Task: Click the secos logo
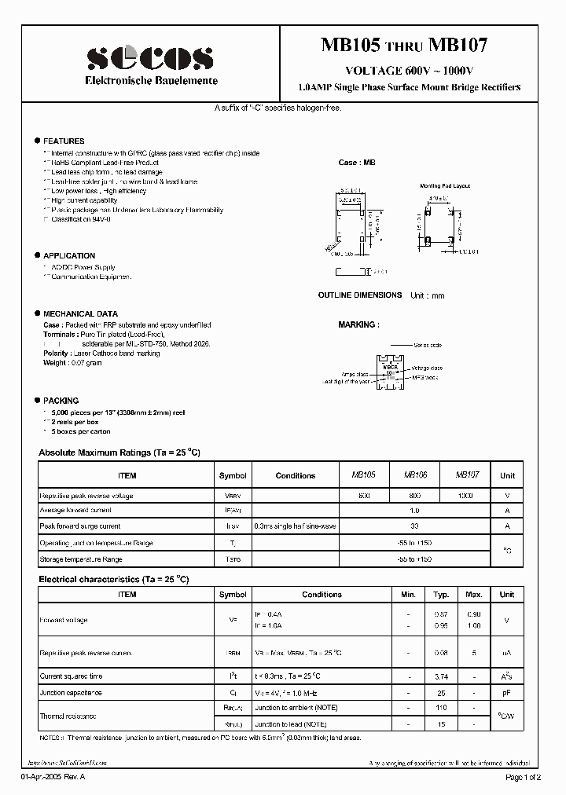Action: [x=149, y=57]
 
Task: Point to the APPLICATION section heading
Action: [x=68, y=255]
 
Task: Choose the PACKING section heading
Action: [x=61, y=401]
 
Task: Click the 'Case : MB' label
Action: [x=356, y=163]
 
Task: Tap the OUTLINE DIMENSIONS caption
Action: [x=359, y=295]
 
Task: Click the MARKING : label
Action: [x=358, y=324]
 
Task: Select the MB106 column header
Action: [x=416, y=475]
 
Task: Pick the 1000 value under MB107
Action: [x=465, y=496]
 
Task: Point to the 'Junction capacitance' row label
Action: [x=71, y=693]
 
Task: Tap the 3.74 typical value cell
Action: [x=442, y=676]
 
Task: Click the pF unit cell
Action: [x=507, y=693]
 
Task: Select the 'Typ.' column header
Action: [x=442, y=595]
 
